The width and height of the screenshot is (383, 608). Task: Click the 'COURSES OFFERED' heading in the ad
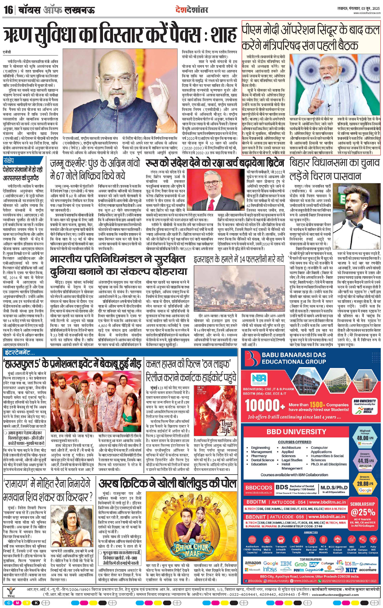[294, 442]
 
